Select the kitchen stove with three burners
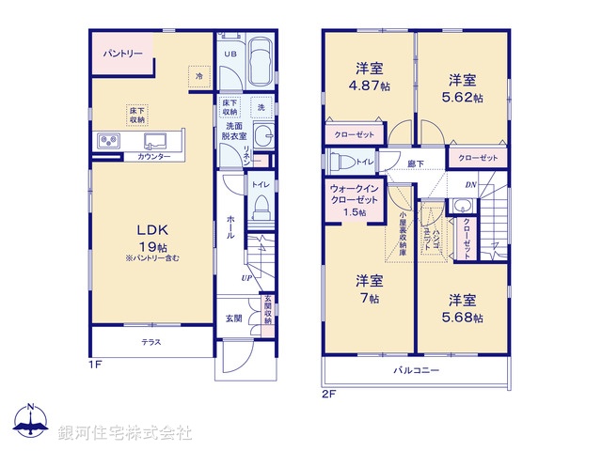(x=106, y=141)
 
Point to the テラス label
(x=152, y=342)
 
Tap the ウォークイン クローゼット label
(x=355, y=198)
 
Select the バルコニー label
(x=416, y=371)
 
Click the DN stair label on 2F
(x=469, y=184)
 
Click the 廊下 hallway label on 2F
(x=415, y=163)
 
